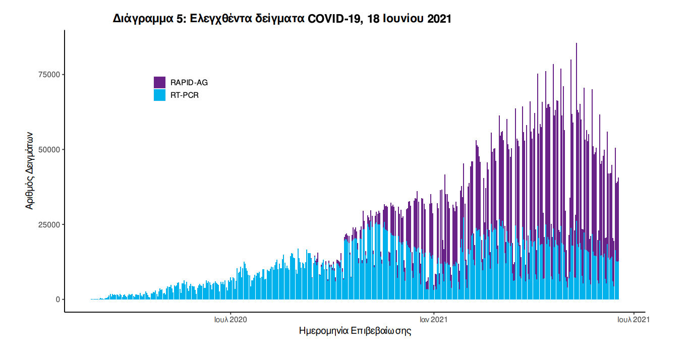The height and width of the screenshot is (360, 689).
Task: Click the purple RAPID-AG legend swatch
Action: (159, 83)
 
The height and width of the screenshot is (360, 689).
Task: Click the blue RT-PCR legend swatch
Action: (159, 95)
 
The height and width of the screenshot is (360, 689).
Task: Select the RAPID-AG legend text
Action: (189, 83)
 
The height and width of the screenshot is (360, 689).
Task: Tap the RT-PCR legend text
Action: (185, 95)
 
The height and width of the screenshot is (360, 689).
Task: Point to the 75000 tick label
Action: (50, 75)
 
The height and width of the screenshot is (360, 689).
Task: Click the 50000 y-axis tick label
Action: (50, 150)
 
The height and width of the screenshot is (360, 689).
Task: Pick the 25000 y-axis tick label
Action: (50, 224)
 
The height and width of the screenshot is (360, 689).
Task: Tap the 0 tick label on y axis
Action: (58, 299)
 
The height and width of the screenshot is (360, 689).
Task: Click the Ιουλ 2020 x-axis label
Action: (231, 319)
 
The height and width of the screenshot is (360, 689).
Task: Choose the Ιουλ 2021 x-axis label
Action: (630, 319)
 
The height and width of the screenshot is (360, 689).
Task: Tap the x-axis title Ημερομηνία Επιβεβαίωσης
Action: (355, 331)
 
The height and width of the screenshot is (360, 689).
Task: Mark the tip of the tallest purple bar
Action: (577, 44)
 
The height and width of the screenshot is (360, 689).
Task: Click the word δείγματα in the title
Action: (280, 19)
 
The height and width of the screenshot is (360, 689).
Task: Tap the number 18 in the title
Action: (374, 19)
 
